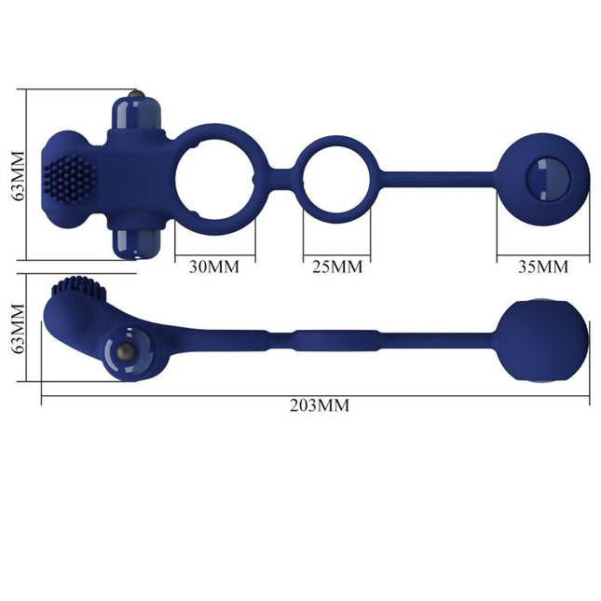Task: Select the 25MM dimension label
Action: click(x=335, y=266)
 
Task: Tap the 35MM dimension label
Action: click(x=542, y=266)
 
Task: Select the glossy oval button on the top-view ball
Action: click(x=543, y=174)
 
